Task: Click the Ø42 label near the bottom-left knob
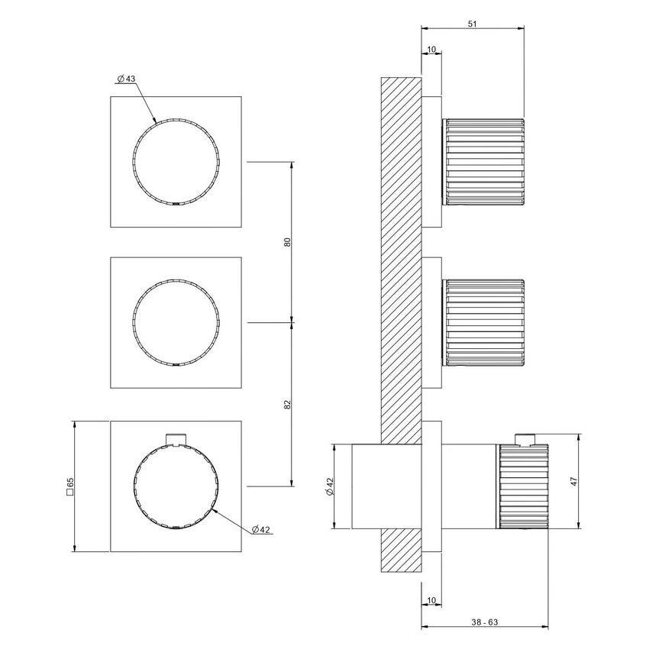260,529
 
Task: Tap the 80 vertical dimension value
287,242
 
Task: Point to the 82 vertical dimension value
287,403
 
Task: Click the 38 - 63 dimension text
486,623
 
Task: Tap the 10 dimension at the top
431,50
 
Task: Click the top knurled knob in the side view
485,162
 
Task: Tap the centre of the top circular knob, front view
177,161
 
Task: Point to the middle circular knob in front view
177,322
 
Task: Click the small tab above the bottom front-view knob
177,438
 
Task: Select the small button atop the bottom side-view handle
525,438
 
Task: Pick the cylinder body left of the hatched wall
365,486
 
